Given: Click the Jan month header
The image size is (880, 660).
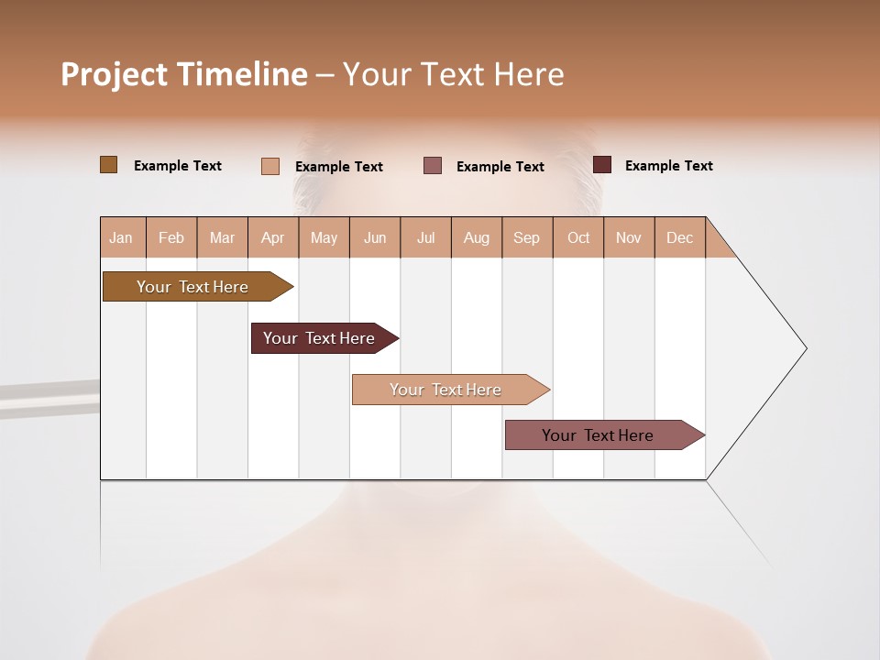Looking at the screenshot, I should point(121,238).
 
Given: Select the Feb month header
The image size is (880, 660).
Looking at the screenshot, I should point(171,238).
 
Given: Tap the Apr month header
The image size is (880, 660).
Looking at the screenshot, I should point(272,238).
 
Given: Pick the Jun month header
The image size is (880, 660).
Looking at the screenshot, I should point(375,238).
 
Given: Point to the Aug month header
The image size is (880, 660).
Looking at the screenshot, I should point(476,238).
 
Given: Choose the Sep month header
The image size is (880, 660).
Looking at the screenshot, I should point(526,238).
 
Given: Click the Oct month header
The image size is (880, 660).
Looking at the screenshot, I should point(578,238).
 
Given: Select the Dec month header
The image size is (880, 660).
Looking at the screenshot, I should point(679,238).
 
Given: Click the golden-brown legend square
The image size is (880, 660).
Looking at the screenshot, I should point(109,165).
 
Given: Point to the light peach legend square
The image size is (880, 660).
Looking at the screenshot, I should point(270,166).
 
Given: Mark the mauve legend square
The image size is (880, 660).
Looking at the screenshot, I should point(433,166).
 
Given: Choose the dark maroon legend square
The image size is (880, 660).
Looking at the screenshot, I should point(602,165).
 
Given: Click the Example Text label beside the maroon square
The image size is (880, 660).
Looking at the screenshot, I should point(668,166).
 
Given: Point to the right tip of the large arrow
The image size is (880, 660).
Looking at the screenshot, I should point(805,348).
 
